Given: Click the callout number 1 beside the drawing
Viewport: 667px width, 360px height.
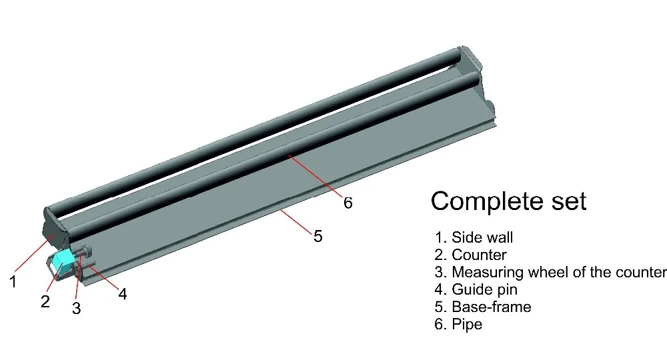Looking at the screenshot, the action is coord(13,281).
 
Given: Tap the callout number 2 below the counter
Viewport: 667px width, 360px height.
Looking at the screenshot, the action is coord(45,301).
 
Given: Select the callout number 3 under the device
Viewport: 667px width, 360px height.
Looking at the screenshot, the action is coord(76,308).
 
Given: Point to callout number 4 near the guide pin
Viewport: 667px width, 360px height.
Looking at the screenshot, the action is coord(123,294).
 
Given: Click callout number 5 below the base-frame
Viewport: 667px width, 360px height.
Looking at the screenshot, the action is coord(317,236).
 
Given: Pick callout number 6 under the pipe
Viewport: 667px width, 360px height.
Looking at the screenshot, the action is coord(348,203).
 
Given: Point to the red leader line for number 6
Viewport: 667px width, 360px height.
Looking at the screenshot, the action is coord(315,176).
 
